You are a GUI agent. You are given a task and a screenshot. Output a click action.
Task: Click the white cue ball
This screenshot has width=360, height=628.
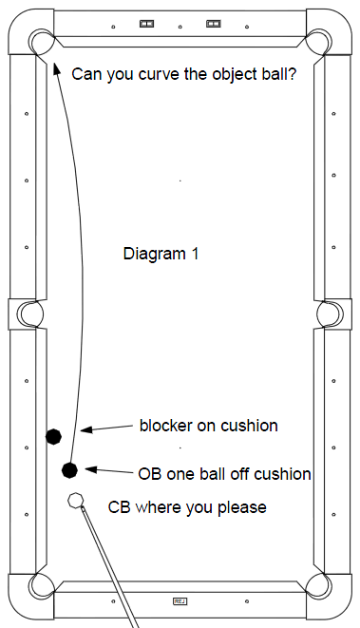75,501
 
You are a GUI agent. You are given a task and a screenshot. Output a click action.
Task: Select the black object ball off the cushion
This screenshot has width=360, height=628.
69,468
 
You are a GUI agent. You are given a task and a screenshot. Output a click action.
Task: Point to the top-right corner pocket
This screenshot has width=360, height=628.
318,41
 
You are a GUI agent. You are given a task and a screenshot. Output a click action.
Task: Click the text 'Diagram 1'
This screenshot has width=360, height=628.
161,255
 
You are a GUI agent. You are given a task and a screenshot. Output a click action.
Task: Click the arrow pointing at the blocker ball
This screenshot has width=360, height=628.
104,428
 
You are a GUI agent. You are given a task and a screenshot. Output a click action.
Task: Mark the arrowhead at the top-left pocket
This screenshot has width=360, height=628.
56,53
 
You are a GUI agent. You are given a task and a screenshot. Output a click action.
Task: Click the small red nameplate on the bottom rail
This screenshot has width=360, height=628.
180,600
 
